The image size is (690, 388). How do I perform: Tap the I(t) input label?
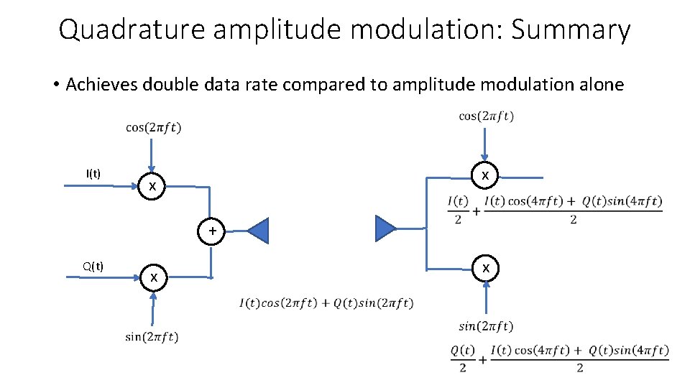click(x=93, y=173)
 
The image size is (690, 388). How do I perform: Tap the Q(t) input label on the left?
click(x=93, y=267)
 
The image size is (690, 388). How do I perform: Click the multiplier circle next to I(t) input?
click(x=152, y=187)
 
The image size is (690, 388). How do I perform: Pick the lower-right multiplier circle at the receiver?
click(x=486, y=268)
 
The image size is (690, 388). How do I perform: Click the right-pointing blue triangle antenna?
click(x=384, y=228)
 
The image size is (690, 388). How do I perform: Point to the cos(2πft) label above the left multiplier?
click(x=153, y=128)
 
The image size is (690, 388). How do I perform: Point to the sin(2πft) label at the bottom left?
click(x=152, y=336)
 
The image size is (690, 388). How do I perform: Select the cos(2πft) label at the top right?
click(x=486, y=116)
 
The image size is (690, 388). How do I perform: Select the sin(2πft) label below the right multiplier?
click(x=486, y=327)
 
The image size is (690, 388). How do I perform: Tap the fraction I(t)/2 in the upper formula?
click(x=458, y=210)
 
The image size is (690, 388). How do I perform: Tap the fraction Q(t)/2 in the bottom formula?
click(x=463, y=359)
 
